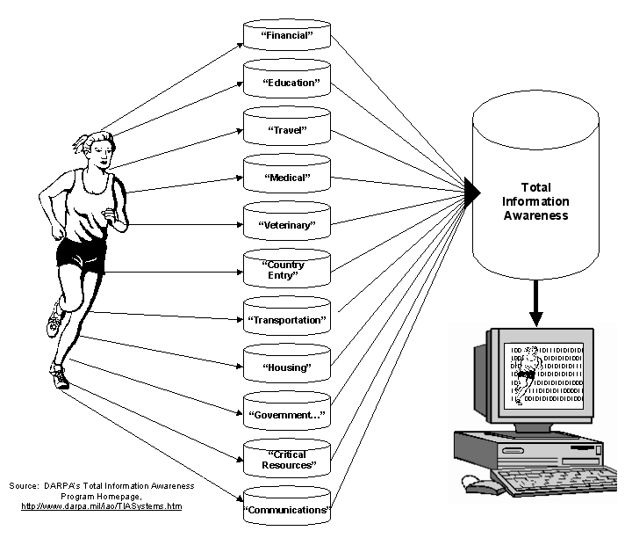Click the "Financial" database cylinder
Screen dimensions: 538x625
click(286, 34)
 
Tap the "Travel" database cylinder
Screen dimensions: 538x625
click(286, 128)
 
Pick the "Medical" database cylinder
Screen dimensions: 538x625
click(286, 176)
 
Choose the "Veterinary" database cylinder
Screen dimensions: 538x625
click(286, 223)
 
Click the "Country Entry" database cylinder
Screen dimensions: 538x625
click(286, 270)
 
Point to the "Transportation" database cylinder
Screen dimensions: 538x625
click(286, 318)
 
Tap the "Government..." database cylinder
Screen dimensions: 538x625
click(286, 412)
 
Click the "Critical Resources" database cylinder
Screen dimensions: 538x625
click(286, 459)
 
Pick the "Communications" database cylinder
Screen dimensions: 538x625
click(286, 507)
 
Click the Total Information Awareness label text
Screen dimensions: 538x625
click(535, 201)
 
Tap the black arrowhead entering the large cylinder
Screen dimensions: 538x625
click(471, 188)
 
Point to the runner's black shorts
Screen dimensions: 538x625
click(81, 252)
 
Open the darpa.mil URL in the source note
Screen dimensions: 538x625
click(101, 506)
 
